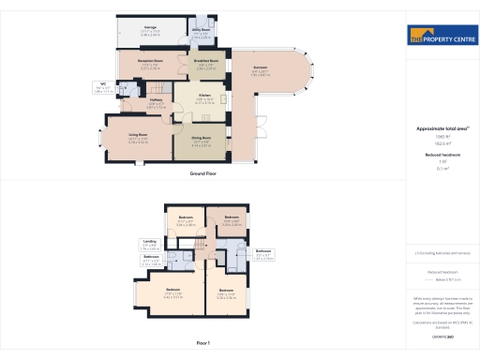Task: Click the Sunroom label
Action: coord(260,67)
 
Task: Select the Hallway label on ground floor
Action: coord(156,100)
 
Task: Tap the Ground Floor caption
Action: coord(203,174)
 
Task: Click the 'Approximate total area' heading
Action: coord(442,127)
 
